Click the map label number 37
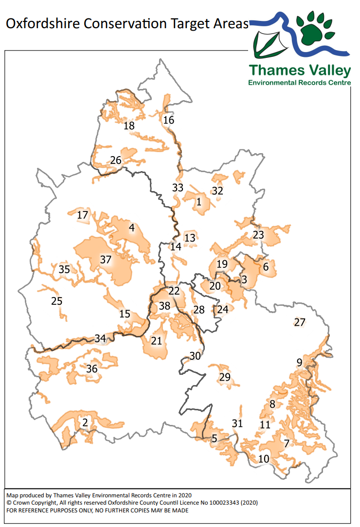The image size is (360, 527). tap(106, 260)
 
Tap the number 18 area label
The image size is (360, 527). tap(129, 126)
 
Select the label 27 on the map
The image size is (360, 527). tap(300, 322)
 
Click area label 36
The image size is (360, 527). tap(92, 369)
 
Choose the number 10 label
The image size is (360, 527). tap(264, 458)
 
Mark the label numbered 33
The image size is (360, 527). tap(178, 188)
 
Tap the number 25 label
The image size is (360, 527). tap(57, 301)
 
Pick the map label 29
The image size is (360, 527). tap(225, 377)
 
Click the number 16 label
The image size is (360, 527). tap(168, 120)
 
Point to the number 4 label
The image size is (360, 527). tap(131, 228)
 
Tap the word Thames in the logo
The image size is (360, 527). tap(272, 71)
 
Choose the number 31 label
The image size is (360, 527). tap(237, 423)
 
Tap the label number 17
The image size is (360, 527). tap(83, 215)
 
